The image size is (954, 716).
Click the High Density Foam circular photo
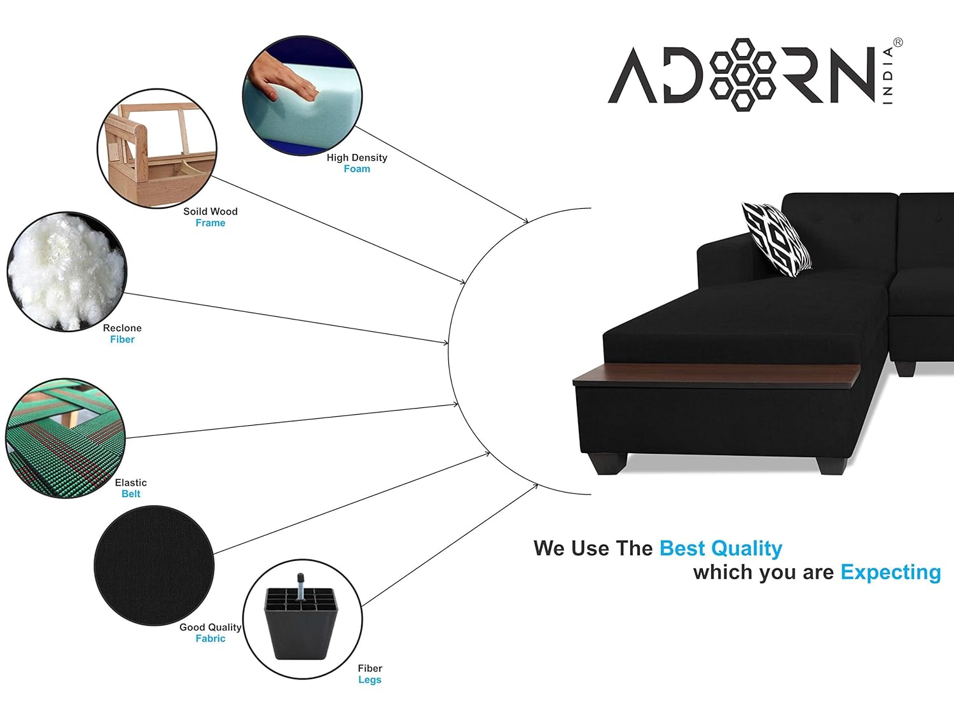coord(302,95)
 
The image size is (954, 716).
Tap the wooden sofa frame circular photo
coord(157,149)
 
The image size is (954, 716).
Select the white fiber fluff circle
coord(67,272)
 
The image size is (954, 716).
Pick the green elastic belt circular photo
coord(66,439)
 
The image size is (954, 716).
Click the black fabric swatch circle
coord(154,566)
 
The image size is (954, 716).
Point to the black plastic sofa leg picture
coord(301,617)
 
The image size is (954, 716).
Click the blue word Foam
coord(357,169)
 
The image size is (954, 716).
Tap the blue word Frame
coord(211,223)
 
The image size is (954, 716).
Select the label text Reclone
coord(122,328)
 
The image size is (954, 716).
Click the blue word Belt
coord(131,494)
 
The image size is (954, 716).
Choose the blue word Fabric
coord(211,638)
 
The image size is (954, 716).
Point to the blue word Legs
coord(370,680)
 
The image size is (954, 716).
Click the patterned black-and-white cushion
coord(777,239)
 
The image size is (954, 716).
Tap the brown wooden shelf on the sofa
coord(716,376)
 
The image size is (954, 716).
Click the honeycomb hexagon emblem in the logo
coord(742,74)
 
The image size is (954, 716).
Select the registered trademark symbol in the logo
coord(898,43)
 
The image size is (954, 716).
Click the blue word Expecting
coord(890,573)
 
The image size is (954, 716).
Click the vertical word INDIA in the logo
coord(888,76)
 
